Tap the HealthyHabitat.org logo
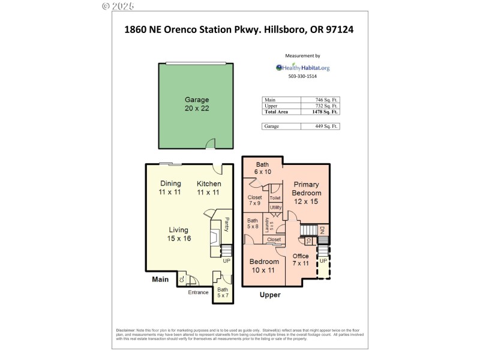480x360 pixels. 302,68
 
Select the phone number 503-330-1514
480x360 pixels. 302,77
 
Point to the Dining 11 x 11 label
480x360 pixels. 170,188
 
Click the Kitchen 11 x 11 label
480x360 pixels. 209,188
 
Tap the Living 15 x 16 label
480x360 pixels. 178,234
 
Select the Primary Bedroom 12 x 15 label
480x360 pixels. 306,193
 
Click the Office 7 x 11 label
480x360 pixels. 301,260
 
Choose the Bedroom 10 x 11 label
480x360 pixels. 264,266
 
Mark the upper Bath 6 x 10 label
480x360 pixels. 263,168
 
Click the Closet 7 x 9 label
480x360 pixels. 254,200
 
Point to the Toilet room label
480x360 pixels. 275,197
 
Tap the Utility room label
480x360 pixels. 275,208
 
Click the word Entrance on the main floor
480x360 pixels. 198,293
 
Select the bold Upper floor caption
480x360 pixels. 269,295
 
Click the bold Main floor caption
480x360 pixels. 160,279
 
